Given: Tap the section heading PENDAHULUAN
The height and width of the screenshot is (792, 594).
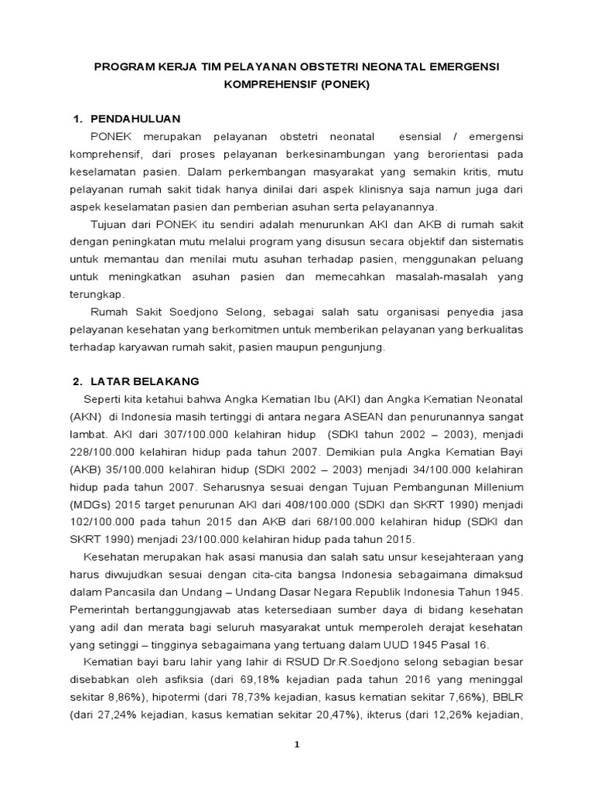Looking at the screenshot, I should [135, 118].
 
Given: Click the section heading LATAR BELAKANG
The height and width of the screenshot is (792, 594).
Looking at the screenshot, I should [145, 381].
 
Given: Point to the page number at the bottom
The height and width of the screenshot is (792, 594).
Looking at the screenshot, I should [296, 744].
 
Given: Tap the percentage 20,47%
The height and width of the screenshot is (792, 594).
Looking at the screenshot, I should [333, 715].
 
